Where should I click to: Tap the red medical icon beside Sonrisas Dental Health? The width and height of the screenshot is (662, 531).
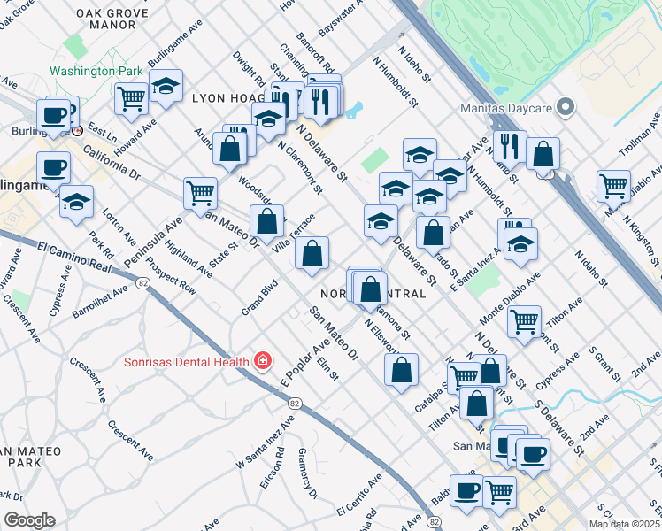pos(262,361)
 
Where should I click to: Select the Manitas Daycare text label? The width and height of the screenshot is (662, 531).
pos(505,109)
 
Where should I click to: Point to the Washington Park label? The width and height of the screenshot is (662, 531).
pos(96,71)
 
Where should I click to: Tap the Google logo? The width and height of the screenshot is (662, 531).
pos(29,519)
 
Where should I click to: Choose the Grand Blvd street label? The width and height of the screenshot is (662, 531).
pos(260,298)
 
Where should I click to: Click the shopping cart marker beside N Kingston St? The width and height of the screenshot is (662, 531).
pos(613,185)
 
